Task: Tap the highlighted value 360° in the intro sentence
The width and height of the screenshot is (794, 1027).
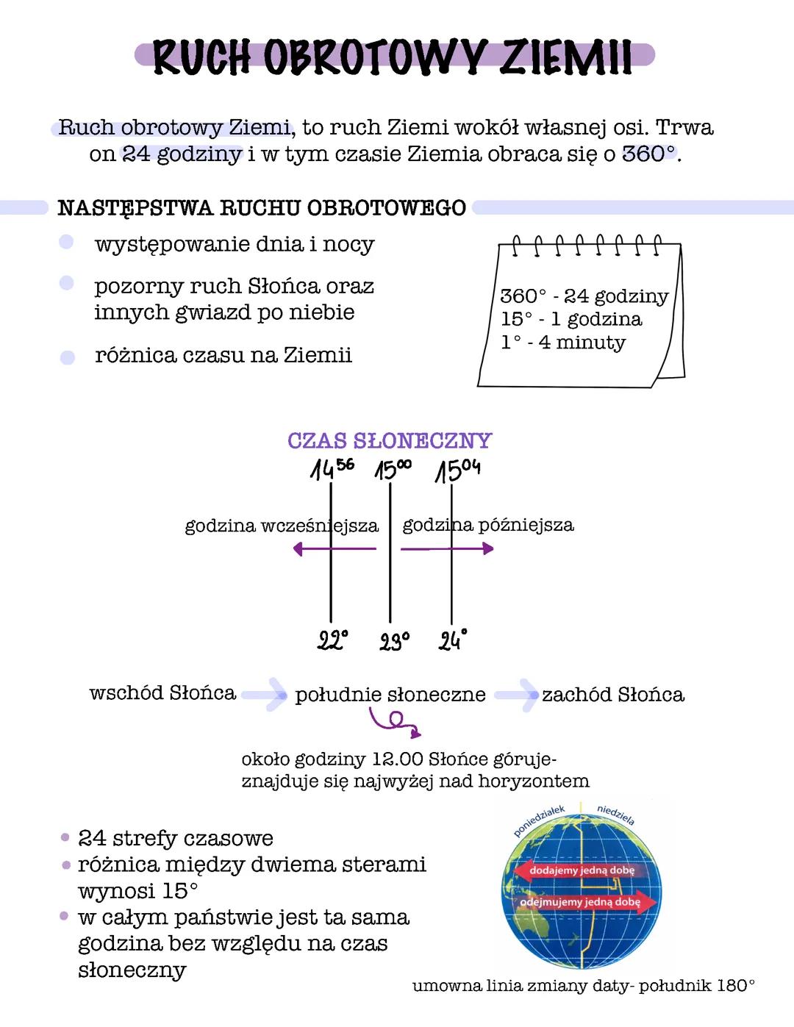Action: [648, 154]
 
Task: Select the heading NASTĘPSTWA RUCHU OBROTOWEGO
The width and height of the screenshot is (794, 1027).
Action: [262, 208]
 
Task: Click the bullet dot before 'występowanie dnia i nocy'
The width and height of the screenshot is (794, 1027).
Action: [67, 242]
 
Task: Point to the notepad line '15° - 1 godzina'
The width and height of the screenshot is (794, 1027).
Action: [571, 319]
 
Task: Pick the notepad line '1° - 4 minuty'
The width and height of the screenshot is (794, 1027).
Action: [563, 343]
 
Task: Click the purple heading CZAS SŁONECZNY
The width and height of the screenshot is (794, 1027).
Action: [390, 440]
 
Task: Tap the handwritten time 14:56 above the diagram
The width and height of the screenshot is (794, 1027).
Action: [332, 468]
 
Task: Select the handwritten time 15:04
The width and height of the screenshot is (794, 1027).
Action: [458, 470]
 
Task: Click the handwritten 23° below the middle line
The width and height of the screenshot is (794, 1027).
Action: [395, 642]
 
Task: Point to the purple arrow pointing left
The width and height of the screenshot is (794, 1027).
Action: [334, 548]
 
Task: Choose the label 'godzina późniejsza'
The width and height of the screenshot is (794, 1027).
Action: [488, 525]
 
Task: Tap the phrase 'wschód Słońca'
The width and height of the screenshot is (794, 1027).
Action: [162, 693]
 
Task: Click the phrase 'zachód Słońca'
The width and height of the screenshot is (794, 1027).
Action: [613, 695]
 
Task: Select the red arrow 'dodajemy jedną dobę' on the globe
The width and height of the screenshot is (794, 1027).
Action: [573, 870]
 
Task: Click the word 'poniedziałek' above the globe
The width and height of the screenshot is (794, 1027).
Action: [539, 820]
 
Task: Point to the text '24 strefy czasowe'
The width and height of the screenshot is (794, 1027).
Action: [176, 838]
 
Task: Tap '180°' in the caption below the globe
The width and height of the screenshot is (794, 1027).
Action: [735, 986]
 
